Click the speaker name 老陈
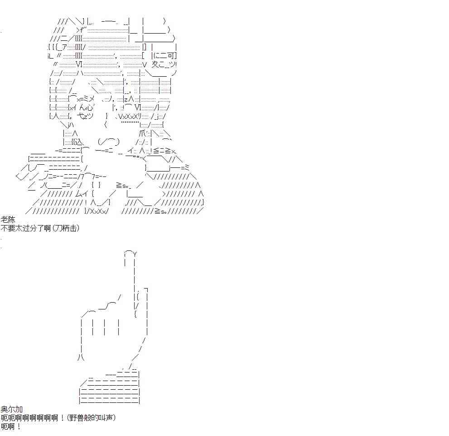pyautogui.click(x=8, y=220)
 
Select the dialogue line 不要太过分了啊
pyautogui.click(x=26, y=228)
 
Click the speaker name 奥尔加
pyautogui.click(x=12, y=409)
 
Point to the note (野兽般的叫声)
pyautogui.click(x=92, y=418)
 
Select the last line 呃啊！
pyautogui.click(x=11, y=426)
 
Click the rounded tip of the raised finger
pyautogui.click(x=130, y=253)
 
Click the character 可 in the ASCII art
pyautogui.click(x=171, y=55)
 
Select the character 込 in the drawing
pyautogui.click(x=79, y=142)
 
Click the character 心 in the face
pyautogui.click(x=89, y=108)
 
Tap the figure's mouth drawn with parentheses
pyautogui.click(x=108, y=142)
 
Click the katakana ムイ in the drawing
pyautogui.click(x=82, y=194)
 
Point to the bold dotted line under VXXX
pyautogui.click(x=130, y=122)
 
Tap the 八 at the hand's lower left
pyautogui.click(x=81, y=357)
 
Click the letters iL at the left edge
pyautogui.click(x=51, y=56)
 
